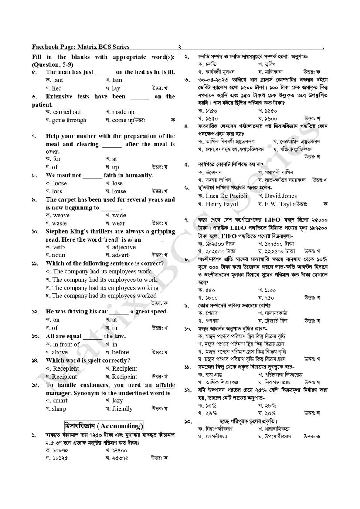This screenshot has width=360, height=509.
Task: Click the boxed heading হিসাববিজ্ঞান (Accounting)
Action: [x=104, y=426]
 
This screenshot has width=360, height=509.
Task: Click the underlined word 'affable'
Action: [x=165, y=385]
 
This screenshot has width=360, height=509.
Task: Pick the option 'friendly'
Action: [x=122, y=409]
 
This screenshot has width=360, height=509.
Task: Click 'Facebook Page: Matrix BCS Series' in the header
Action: [x=81, y=47]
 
